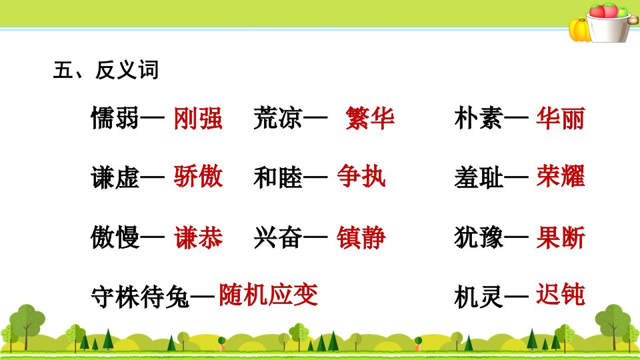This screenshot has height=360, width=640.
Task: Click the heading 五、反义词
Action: [106, 70]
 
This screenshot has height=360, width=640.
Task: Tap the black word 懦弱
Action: [115, 119]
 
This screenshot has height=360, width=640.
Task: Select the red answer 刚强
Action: [198, 119]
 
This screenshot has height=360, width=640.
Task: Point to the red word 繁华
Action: [370, 119]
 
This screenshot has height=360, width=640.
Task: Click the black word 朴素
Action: [479, 119]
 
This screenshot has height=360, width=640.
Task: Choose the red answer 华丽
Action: [561, 119]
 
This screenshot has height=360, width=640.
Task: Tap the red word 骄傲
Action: [198, 176]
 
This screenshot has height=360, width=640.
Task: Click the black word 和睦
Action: [278, 177]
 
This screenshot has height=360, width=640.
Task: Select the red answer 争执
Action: [361, 176]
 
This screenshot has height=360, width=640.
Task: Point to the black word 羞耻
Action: [479, 177]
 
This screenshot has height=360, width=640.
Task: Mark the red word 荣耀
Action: [561, 176]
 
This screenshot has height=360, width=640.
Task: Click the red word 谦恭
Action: [199, 237]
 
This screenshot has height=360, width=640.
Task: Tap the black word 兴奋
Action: [278, 237]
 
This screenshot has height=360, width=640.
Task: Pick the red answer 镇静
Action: [361, 237]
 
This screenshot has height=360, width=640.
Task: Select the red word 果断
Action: [561, 237]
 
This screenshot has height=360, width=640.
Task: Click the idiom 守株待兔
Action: [140, 296]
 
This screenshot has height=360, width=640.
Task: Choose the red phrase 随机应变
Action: [268, 295]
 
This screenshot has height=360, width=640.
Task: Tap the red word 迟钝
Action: [561, 295]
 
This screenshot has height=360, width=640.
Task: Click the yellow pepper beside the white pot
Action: [579, 30]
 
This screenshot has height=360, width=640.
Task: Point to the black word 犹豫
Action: [479, 237]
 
